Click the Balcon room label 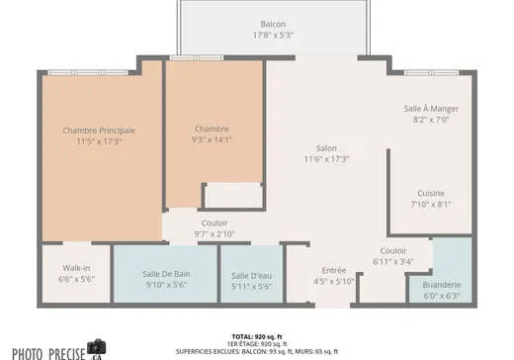coord(273,24)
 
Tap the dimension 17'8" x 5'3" coord(273,35)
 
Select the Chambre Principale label coord(99,131)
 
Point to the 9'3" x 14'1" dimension coord(212,139)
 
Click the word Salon coord(326,148)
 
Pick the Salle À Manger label coord(431,109)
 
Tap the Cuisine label coord(431,193)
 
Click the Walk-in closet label coord(76,268)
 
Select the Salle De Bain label coord(166,274)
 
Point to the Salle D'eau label coord(251,276)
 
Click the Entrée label coord(334,270)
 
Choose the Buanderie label coord(442,285)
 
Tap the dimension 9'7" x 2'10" coord(214,234)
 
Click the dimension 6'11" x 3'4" coord(393,262)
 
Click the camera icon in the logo coord(97,346)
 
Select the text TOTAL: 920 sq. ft coord(257,337)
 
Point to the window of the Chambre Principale coord(88,72)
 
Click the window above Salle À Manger coord(431,72)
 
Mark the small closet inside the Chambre coord(233,196)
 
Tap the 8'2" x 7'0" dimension coord(431,120)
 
